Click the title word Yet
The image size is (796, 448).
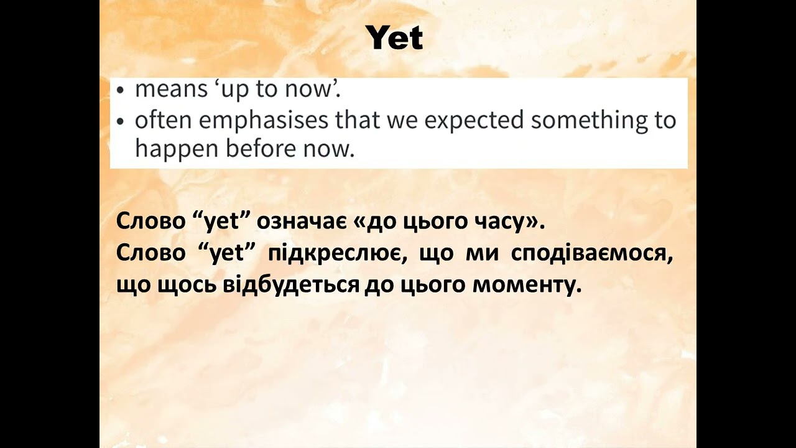point(395,38)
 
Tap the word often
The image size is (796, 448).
point(163,120)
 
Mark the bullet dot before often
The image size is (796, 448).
point(121,121)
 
